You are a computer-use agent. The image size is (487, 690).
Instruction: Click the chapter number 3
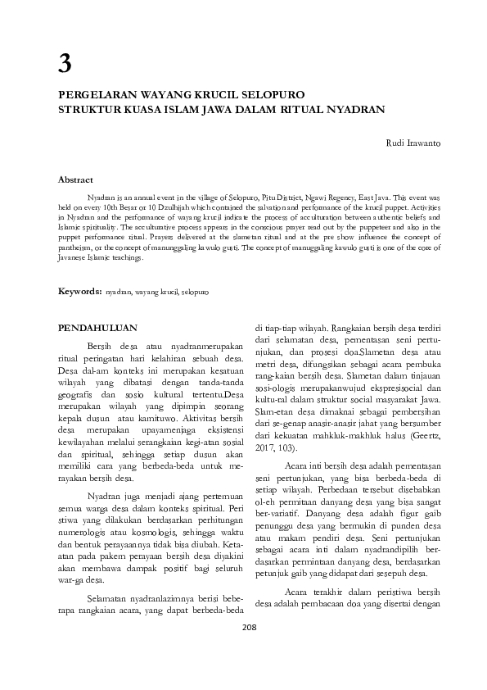[64, 63]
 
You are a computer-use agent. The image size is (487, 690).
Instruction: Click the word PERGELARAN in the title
[97, 95]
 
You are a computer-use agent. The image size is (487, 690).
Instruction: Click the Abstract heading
[75, 179]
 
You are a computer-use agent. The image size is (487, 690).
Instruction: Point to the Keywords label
[79, 291]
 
